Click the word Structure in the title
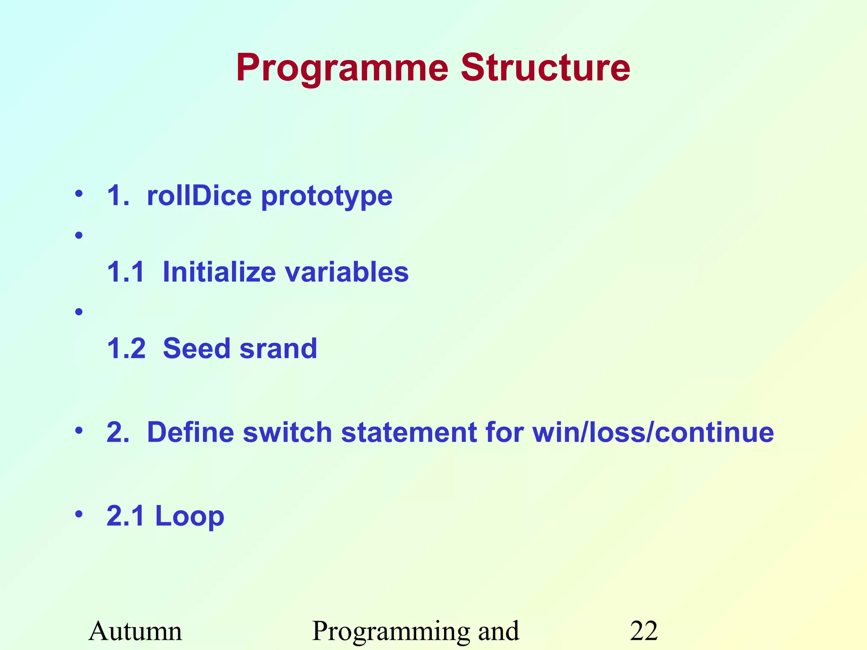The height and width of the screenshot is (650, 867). point(545,68)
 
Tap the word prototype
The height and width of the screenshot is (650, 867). point(327,197)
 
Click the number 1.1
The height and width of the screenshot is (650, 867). point(126,272)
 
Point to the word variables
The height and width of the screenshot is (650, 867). point(347,272)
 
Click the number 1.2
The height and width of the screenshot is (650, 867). point(126,348)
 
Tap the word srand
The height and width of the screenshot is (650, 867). point(278,348)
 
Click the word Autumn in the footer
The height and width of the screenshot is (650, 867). point(135,631)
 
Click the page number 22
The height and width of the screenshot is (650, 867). point(643,631)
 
